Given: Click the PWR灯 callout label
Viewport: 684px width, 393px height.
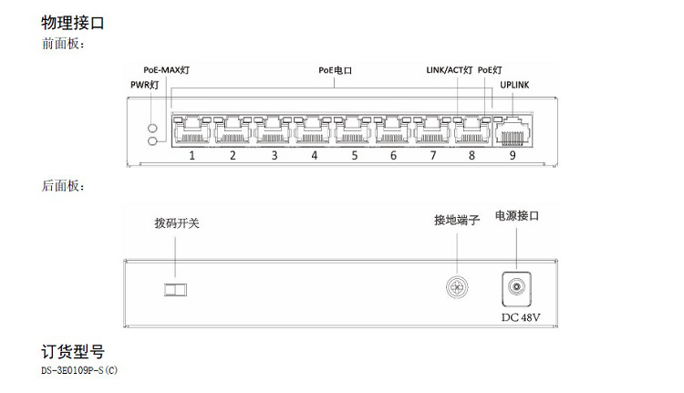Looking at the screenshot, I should click(x=145, y=86).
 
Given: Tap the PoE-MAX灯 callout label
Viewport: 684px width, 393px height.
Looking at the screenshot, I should click(x=167, y=69).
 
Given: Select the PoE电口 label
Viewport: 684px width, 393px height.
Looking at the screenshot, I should click(x=335, y=69).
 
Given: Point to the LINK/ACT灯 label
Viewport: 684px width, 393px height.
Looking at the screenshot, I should click(x=450, y=69).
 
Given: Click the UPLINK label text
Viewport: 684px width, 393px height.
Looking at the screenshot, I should click(x=514, y=86).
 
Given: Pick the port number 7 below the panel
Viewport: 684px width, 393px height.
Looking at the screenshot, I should click(x=433, y=156).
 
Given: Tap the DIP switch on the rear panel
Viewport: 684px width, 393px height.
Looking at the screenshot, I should click(x=174, y=290).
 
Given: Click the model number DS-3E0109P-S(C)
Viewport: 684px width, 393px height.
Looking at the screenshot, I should click(x=80, y=371).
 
